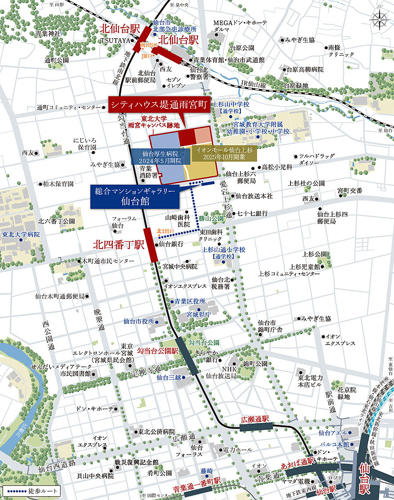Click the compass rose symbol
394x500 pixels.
pos(379,19)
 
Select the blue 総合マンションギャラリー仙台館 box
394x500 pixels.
pos(135,196)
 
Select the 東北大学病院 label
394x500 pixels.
pos(21,234)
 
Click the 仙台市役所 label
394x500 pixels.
pos(139,321)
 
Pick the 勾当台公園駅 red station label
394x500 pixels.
pos(157,351)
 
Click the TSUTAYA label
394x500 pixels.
pos(115,40)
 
